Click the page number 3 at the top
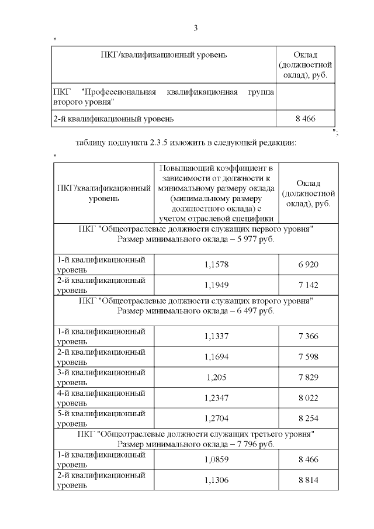pyautogui.click(x=196, y=28)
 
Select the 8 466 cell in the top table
pyautogui.click(x=306, y=119)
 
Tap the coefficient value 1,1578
pyautogui.click(x=217, y=265)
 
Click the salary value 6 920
pyautogui.click(x=307, y=265)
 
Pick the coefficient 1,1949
pyautogui.click(x=217, y=285)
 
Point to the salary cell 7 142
pyautogui.click(x=307, y=285)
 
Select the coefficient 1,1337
pyautogui.click(x=217, y=336)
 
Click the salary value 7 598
pyautogui.click(x=307, y=357)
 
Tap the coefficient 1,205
pyautogui.click(x=217, y=377)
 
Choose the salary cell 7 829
pyautogui.click(x=307, y=377)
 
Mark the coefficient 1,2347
pyautogui.click(x=217, y=397)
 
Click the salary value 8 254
pyautogui.click(x=307, y=418)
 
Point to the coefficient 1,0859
pyautogui.click(x=217, y=460)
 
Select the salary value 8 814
pyautogui.click(x=307, y=480)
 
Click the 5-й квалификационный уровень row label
pyautogui.click(x=101, y=418)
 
